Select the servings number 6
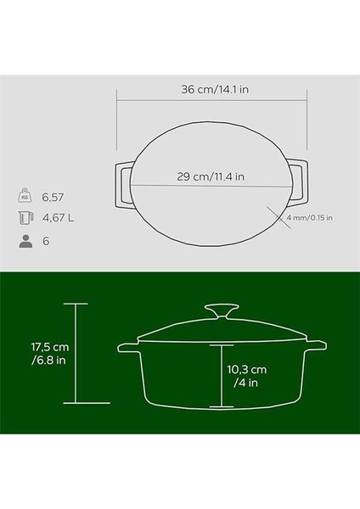coord(48,241)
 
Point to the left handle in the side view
coord(127,348)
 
